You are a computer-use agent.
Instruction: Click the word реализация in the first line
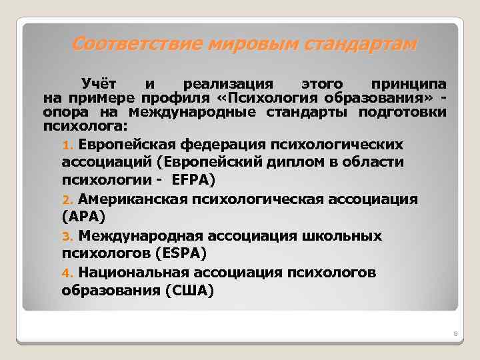pos(228,85)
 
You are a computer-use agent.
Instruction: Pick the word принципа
pos(409,85)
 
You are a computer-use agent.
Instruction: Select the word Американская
pos(133,199)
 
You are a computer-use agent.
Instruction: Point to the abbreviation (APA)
pos(83,217)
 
